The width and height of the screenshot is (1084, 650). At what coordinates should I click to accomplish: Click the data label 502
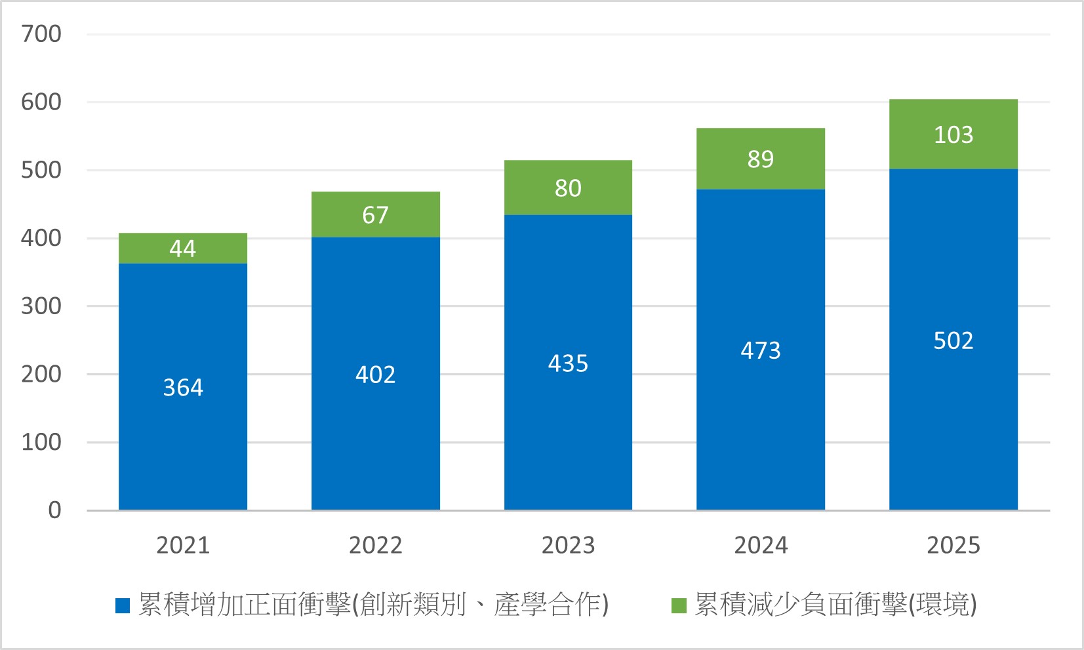[954, 341]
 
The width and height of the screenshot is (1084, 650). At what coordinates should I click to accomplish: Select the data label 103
[954, 135]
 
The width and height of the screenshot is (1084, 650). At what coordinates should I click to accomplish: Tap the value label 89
[761, 159]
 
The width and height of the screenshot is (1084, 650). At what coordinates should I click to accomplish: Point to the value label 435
[568, 363]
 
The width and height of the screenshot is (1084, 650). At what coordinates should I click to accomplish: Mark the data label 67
[375, 215]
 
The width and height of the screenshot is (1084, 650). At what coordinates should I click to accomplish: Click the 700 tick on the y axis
[41, 34]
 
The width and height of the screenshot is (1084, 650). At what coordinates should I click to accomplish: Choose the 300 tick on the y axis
[41, 306]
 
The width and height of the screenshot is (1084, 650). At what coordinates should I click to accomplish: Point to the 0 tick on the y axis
[54, 510]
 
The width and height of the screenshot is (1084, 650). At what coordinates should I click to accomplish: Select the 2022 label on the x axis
[375, 545]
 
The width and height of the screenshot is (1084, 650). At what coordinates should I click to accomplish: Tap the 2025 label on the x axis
[954, 545]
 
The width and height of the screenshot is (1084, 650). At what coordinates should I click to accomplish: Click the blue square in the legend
[123, 605]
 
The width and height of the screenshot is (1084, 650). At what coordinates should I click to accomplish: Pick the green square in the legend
[679, 605]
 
